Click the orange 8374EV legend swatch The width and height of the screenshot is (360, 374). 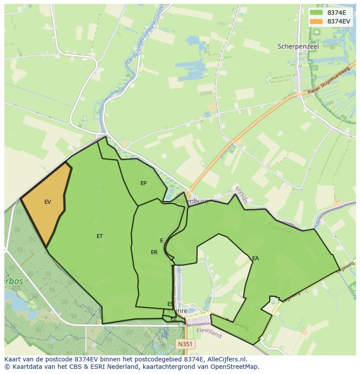pyautogui.click(x=317, y=21)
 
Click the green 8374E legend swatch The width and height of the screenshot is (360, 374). pyautogui.click(x=317, y=13)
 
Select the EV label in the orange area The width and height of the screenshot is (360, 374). pyautogui.click(x=47, y=202)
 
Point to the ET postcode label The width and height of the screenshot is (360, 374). pyautogui.click(x=100, y=236)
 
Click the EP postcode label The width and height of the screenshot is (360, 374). pyautogui.click(x=143, y=183)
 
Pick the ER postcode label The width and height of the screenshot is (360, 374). pyautogui.click(x=154, y=252)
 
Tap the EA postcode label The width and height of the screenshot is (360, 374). pyautogui.click(x=255, y=258)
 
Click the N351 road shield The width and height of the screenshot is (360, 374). pyautogui.click(x=186, y=344)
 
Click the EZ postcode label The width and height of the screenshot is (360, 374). pyautogui.click(x=173, y=319)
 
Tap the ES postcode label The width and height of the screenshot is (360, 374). pyautogui.click(x=170, y=304)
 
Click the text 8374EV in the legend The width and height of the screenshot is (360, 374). pyautogui.click(x=339, y=21)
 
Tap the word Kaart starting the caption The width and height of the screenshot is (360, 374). pyautogui.click(x=13, y=359)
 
